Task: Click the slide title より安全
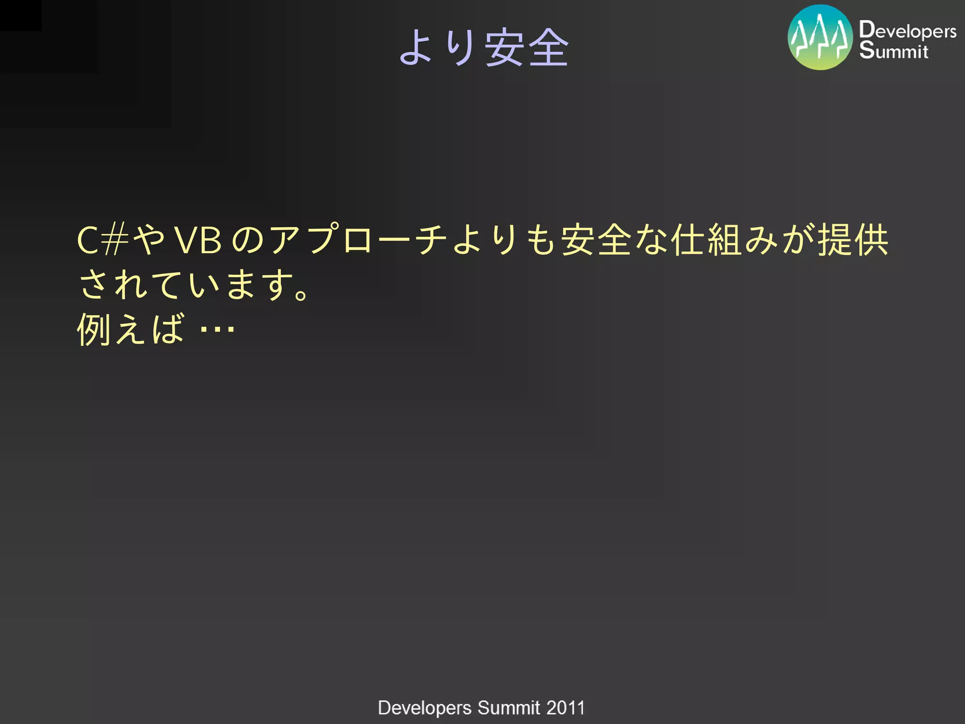(x=484, y=47)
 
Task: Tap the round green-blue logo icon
(x=820, y=38)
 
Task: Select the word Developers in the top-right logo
(x=908, y=30)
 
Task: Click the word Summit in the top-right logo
(x=893, y=50)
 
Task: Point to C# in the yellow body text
(x=103, y=240)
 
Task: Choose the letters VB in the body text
(x=198, y=240)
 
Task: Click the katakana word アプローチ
(x=358, y=240)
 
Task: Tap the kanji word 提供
(x=853, y=240)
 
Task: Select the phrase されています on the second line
(x=184, y=285)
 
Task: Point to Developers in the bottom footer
(x=425, y=708)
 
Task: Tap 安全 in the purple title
(x=527, y=47)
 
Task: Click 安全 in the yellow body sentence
(x=596, y=240)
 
